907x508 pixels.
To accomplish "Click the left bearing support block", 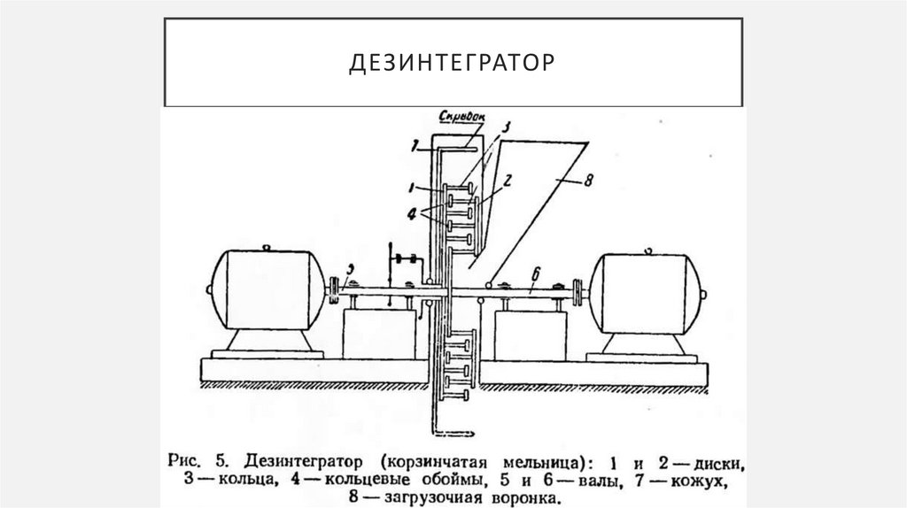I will coord(377,334).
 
